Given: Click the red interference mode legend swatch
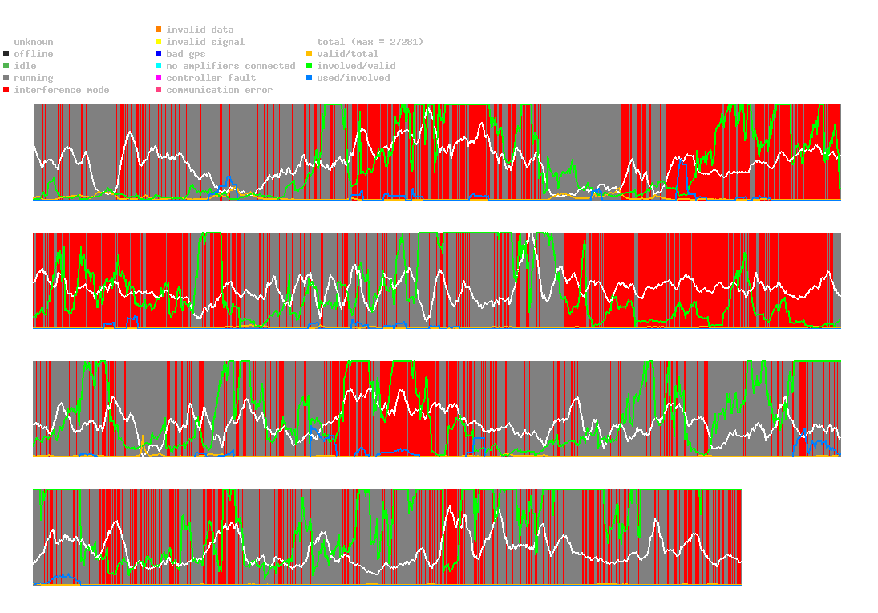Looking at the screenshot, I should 6,90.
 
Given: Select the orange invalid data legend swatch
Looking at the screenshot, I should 159,30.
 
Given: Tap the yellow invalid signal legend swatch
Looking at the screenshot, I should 159,42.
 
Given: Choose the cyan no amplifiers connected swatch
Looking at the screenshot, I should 159,66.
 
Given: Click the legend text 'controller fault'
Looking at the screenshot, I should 211,78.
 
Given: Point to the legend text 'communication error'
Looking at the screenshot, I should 220,90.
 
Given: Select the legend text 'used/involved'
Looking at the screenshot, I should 354,78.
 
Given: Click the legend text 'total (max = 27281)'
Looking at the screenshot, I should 370,42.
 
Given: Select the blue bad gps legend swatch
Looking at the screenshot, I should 159,54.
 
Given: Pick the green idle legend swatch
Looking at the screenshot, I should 6,66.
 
